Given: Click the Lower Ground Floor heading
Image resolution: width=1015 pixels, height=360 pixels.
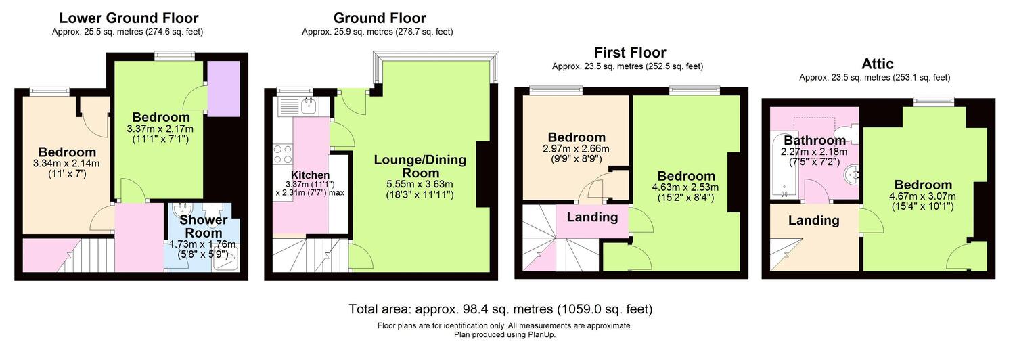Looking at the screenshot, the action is pyautogui.click(x=129, y=18).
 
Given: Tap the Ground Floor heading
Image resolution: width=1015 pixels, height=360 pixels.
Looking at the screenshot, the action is pyautogui.click(x=379, y=18).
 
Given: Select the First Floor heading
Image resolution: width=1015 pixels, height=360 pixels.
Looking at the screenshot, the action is pyautogui.click(x=630, y=53).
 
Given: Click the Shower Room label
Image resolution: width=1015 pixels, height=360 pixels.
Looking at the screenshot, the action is pyautogui.click(x=204, y=226).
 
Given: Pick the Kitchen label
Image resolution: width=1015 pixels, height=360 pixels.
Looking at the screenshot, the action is pyautogui.click(x=310, y=175).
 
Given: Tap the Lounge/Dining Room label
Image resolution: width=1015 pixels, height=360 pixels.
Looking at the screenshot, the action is pyautogui.click(x=420, y=166).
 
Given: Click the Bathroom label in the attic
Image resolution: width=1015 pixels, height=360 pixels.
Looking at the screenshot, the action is pyautogui.click(x=815, y=140).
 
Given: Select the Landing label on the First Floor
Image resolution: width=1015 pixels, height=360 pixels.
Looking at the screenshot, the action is pyautogui.click(x=592, y=217).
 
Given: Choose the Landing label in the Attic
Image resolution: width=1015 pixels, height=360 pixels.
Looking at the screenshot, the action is pyautogui.click(x=814, y=221).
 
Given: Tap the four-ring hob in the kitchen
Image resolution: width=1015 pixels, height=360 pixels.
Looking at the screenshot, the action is pyautogui.click(x=283, y=154).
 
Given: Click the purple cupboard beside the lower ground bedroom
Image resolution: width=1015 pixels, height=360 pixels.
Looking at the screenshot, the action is pyautogui.click(x=223, y=89).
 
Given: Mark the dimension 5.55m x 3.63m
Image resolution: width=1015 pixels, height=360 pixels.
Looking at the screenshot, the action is pyautogui.click(x=420, y=185).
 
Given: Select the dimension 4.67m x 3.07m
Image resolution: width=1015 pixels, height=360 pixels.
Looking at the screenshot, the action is pyautogui.click(x=922, y=196).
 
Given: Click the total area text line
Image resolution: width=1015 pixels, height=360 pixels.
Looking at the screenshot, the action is pyautogui.click(x=501, y=309).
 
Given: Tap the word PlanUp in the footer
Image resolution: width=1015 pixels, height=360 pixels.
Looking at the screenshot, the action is pyautogui.click(x=541, y=335).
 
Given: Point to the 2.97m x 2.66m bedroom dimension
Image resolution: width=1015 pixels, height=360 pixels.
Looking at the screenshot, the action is pyautogui.click(x=576, y=149).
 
